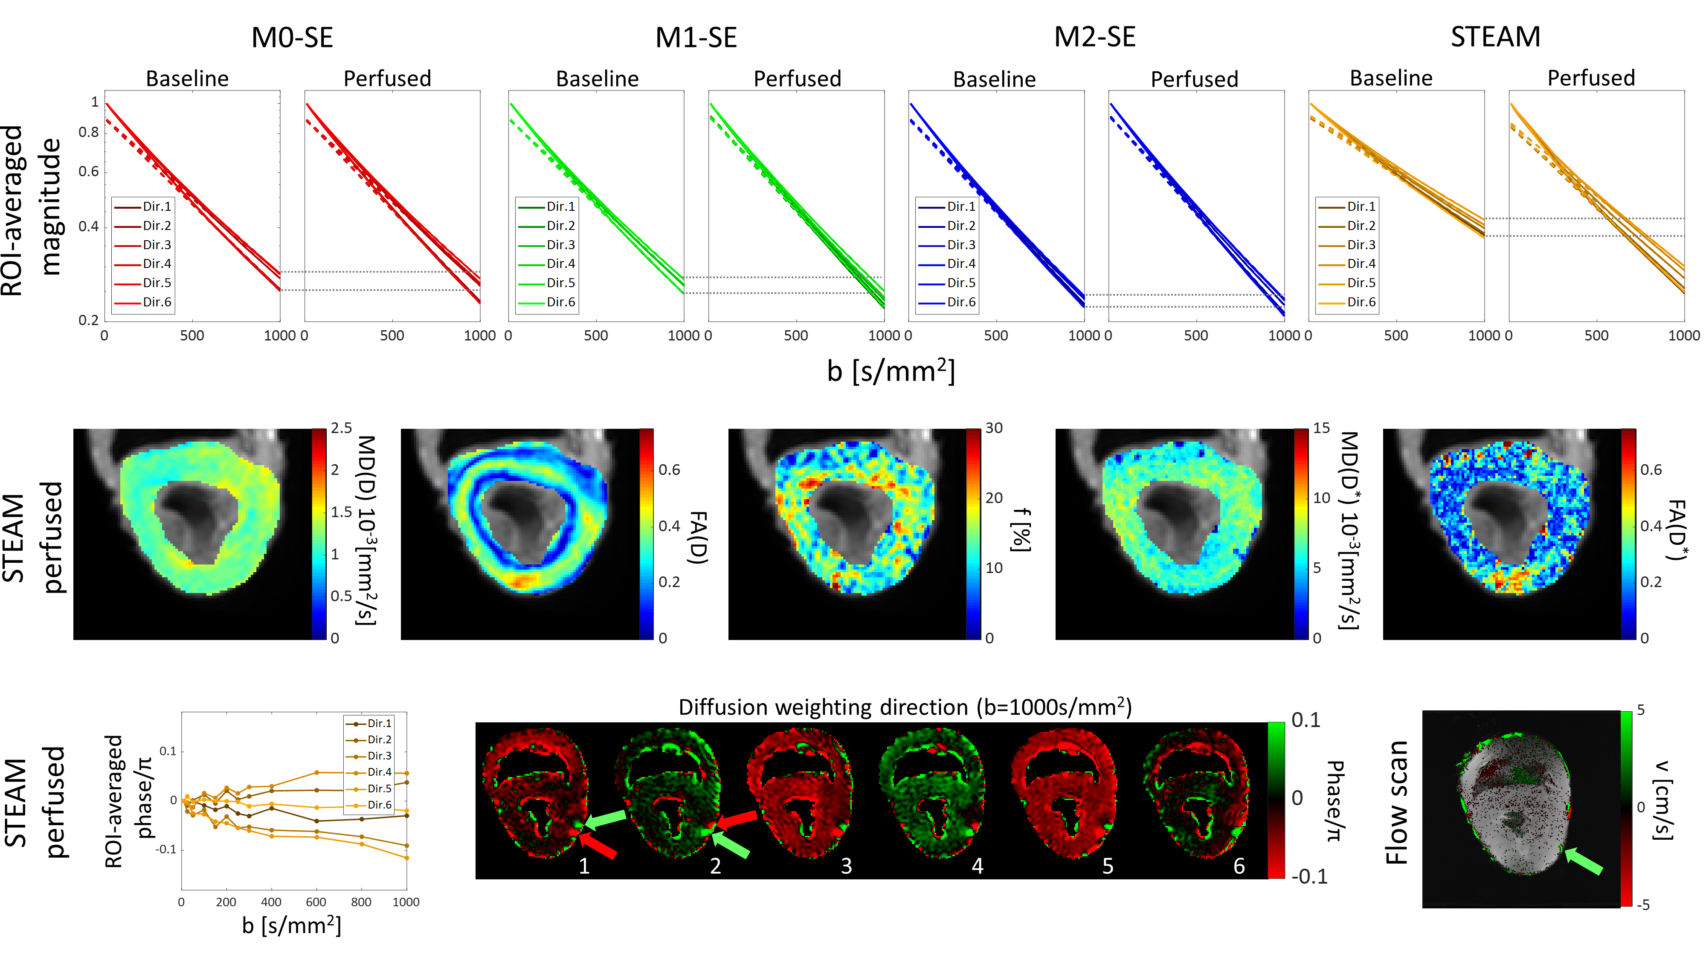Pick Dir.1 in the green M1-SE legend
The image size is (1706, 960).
point(560,207)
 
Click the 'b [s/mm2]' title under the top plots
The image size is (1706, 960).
point(891,371)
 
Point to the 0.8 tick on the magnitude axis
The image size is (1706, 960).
point(89,133)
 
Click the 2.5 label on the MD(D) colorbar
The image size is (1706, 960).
point(342,428)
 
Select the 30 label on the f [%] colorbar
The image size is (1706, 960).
point(993,428)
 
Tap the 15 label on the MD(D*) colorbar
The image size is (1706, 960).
point(1321,428)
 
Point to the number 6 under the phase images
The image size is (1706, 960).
point(1239,866)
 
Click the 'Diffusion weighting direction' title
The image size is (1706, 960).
point(905,707)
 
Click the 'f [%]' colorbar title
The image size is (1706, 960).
point(1021,530)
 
